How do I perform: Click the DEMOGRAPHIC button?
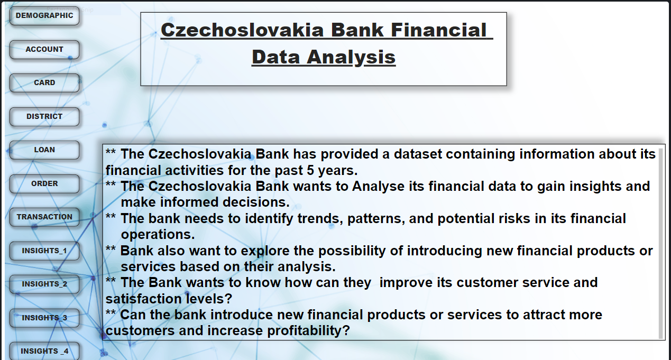[x=44, y=15]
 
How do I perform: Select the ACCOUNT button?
[x=44, y=49]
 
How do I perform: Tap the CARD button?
[x=44, y=82]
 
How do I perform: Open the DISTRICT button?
[x=44, y=116]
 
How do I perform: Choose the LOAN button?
[x=44, y=150]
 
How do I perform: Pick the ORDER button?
[x=44, y=183]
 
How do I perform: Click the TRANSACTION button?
[x=44, y=217]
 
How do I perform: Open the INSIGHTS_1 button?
[x=44, y=251]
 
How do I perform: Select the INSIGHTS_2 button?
[x=44, y=284]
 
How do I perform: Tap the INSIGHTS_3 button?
[x=44, y=318]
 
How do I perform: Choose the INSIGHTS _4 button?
[x=44, y=351]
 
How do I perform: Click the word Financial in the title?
[x=438, y=30]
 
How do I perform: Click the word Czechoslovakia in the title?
[x=242, y=30]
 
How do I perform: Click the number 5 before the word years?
[x=310, y=170]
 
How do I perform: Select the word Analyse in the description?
[x=378, y=186]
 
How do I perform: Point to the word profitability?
[x=308, y=330]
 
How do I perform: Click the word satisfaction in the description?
[x=143, y=299]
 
